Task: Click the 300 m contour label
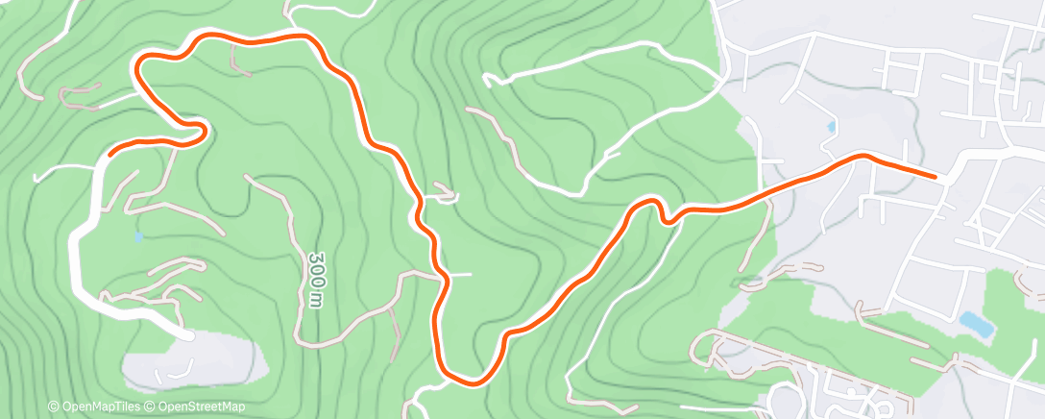pyautogui.click(x=314, y=281)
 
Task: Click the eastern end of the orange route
pyautogui.click(x=935, y=176)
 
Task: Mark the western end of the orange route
pyautogui.click(x=112, y=151)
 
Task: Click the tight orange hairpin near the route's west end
pyautogui.click(x=200, y=130)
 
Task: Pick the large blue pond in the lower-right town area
pyautogui.click(x=976, y=323)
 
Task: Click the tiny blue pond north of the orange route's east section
pyautogui.click(x=831, y=127)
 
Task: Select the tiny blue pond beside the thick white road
pyautogui.click(x=140, y=235)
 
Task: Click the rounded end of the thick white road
pyautogui.click(x=187, y=334)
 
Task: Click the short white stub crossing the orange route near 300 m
pyautogui.click(x=459, y=274)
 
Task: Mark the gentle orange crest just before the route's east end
pyautogui.click(x=862, y=156)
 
